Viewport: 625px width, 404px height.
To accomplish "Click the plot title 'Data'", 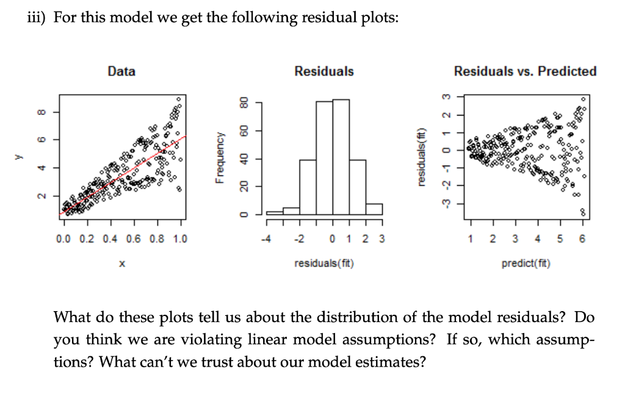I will (x=121, y=72).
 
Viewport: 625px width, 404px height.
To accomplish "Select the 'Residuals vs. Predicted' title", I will (x=525, y=72).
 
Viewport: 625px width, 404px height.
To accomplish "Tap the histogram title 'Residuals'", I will (x=323, y=72).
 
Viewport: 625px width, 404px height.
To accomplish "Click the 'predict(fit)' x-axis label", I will (x=526, y=264).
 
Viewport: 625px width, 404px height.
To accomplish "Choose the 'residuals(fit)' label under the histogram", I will (x=323, y=264).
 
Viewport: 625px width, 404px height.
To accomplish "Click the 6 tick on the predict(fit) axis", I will (x=582, y=239).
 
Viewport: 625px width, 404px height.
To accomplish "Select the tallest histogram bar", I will (x=341, y=157).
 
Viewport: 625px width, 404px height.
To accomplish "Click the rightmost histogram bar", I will (x=374, y=209).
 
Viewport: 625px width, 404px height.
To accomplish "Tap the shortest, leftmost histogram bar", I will (x=275, y=213).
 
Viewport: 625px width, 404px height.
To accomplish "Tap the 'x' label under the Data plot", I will (x=121, y=264).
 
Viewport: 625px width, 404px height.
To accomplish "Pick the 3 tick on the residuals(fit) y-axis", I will (x=446, y=96).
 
